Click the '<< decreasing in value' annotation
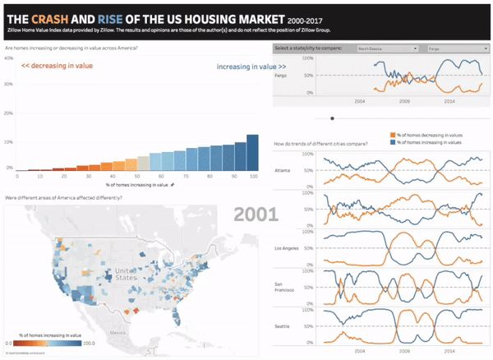(x=57, y=65)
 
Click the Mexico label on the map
(x=120, y=334)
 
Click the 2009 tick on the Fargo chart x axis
(x=403, y=100)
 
